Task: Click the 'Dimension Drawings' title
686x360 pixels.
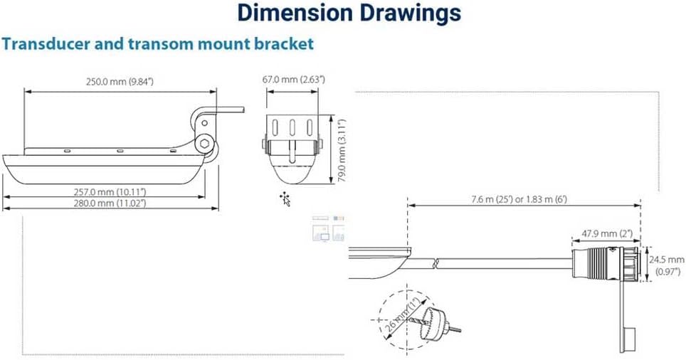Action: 349,13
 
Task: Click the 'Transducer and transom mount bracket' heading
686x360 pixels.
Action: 157,43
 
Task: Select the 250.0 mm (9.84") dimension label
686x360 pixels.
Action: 120,82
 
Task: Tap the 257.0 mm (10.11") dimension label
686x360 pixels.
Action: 110,191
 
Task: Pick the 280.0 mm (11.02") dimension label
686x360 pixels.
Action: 110,203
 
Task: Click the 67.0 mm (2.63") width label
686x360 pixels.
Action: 294,80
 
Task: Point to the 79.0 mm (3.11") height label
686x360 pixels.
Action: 342,150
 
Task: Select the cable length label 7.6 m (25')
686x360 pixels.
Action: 482,199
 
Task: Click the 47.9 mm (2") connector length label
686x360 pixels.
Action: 607,233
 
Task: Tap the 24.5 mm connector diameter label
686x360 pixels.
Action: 666,260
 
